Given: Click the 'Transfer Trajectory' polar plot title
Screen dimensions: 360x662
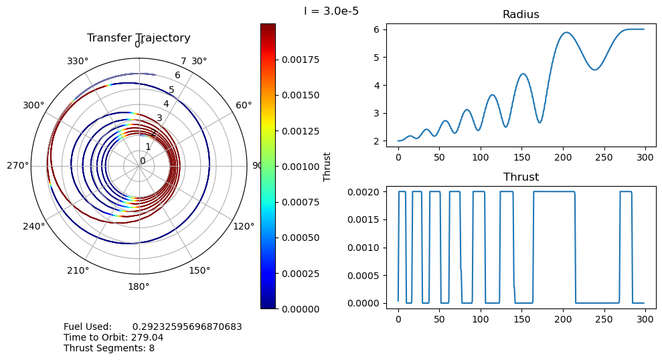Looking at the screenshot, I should [139, 38].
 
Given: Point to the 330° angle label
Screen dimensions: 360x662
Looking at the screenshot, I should [78, 62].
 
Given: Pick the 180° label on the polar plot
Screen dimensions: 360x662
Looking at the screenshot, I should [139, 286].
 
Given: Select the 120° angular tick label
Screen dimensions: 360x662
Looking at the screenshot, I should [244, 226].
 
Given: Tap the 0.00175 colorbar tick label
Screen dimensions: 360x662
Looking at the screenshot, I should [299, 60].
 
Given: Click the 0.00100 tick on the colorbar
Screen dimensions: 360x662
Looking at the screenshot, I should [299, 166].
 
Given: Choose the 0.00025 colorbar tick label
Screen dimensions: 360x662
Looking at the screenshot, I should [299, 273].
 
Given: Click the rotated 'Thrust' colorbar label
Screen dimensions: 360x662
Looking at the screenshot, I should [327, 166].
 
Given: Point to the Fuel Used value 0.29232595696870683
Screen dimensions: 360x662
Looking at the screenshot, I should [187, 327].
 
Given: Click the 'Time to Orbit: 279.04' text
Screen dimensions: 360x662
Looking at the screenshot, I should [113, 338].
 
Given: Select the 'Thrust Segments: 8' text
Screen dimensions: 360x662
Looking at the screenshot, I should [109, 348].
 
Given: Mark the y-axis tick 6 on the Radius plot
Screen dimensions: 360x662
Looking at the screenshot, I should [378, 29].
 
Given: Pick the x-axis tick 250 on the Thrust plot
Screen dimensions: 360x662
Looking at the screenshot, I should [604, 319].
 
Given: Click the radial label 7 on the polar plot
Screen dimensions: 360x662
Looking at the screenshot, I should [183, 62].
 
